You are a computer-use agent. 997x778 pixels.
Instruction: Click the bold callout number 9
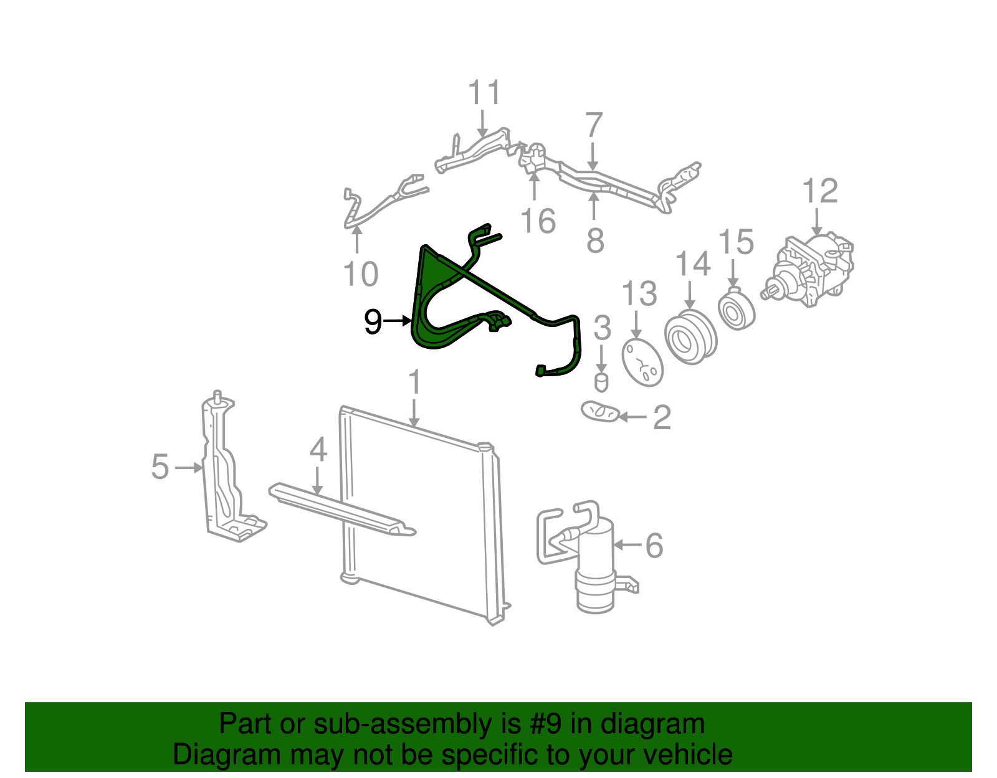pyautogui.click(x=373, y=321)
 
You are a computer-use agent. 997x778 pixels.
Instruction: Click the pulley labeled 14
pyautogui.click(x=690, y=337)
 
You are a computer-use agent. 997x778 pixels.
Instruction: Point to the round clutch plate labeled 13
pyautogui.click(x=642, y=363)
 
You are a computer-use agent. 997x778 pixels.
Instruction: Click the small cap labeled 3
pyautogui.click(x=601, y=383)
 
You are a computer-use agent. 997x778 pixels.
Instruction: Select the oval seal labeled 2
pyautogui.click(x=599, y=411)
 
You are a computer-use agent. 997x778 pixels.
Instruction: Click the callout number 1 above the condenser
pyautogui.click(x=414, y=382)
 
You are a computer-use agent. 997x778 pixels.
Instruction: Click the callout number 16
pyautogui.click(x=538, y=221)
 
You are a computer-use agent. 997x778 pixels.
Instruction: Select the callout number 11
pyautogui.click(x=484, y=92)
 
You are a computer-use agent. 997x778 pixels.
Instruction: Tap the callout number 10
pyautogui.click(x=361, y=274)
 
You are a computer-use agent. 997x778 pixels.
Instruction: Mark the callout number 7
pyautogui.click(x=594, y=125)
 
